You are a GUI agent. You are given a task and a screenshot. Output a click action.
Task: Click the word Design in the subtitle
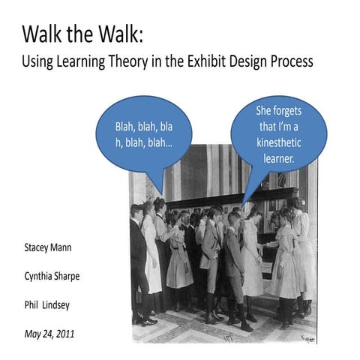click(x=250, y=61)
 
